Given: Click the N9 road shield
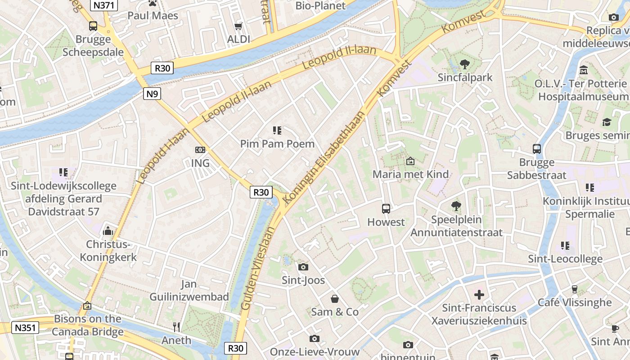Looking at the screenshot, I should point(152,94).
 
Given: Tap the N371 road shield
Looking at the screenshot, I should point(104,5).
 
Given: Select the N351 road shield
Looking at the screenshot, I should point(25,328).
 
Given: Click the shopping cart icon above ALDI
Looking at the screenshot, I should point(238,27).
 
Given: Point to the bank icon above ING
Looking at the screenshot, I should point(200,150).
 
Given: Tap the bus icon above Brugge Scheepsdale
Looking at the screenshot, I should point(93,26).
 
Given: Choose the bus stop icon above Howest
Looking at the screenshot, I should point(386,209).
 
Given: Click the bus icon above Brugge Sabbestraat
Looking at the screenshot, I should point(536,149).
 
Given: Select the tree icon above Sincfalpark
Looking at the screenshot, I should point(465,64).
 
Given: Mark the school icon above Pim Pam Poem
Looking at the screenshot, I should point(277,131).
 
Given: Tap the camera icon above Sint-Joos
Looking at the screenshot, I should point(303,267).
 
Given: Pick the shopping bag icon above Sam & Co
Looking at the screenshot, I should point(335,299).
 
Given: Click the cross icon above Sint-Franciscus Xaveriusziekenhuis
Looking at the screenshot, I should point(479,295).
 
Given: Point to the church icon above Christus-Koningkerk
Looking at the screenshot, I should point(108,231).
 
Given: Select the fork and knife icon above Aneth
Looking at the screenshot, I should point(176,327).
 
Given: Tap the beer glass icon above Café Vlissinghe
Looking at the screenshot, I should point(574,289).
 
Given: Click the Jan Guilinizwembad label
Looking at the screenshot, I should point(189,290).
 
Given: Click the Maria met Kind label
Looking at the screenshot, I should point(410,174).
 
